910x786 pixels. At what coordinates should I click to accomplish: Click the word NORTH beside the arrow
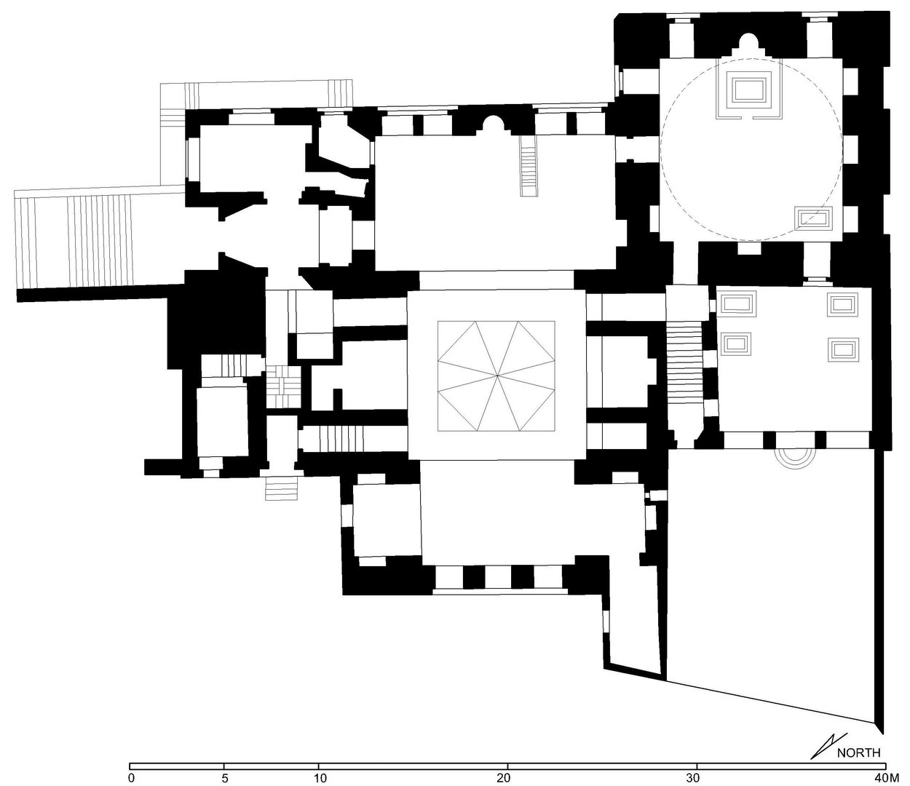click(858, 752)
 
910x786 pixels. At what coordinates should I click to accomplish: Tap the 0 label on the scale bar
click(131, 779)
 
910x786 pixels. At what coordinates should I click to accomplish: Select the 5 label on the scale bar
click(224, 779)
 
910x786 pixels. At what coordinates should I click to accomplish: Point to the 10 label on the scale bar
click(320, 779)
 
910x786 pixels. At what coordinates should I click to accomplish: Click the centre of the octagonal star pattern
click(496, 376)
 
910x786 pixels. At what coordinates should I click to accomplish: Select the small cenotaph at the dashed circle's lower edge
click(814, 218)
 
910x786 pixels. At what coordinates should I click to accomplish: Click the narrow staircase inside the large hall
click(529, 165)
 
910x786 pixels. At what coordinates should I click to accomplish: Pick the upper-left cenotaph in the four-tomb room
click(737, 303)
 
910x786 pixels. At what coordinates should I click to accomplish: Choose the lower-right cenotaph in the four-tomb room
click(844, 350)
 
